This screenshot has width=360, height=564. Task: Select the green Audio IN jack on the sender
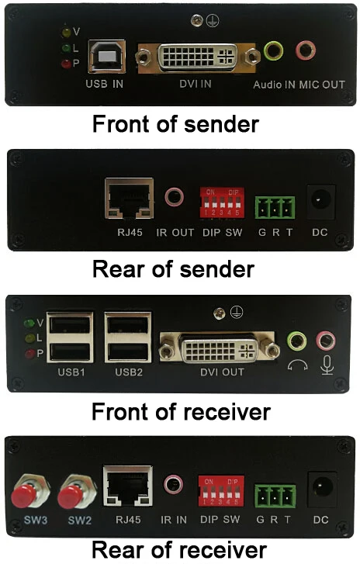[274, 52]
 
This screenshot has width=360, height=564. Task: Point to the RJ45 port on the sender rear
[129, 198]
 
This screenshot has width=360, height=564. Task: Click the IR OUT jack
[174, 197]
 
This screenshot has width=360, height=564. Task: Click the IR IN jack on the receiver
[173, 486]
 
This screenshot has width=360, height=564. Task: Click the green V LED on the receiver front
[29, 323]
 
